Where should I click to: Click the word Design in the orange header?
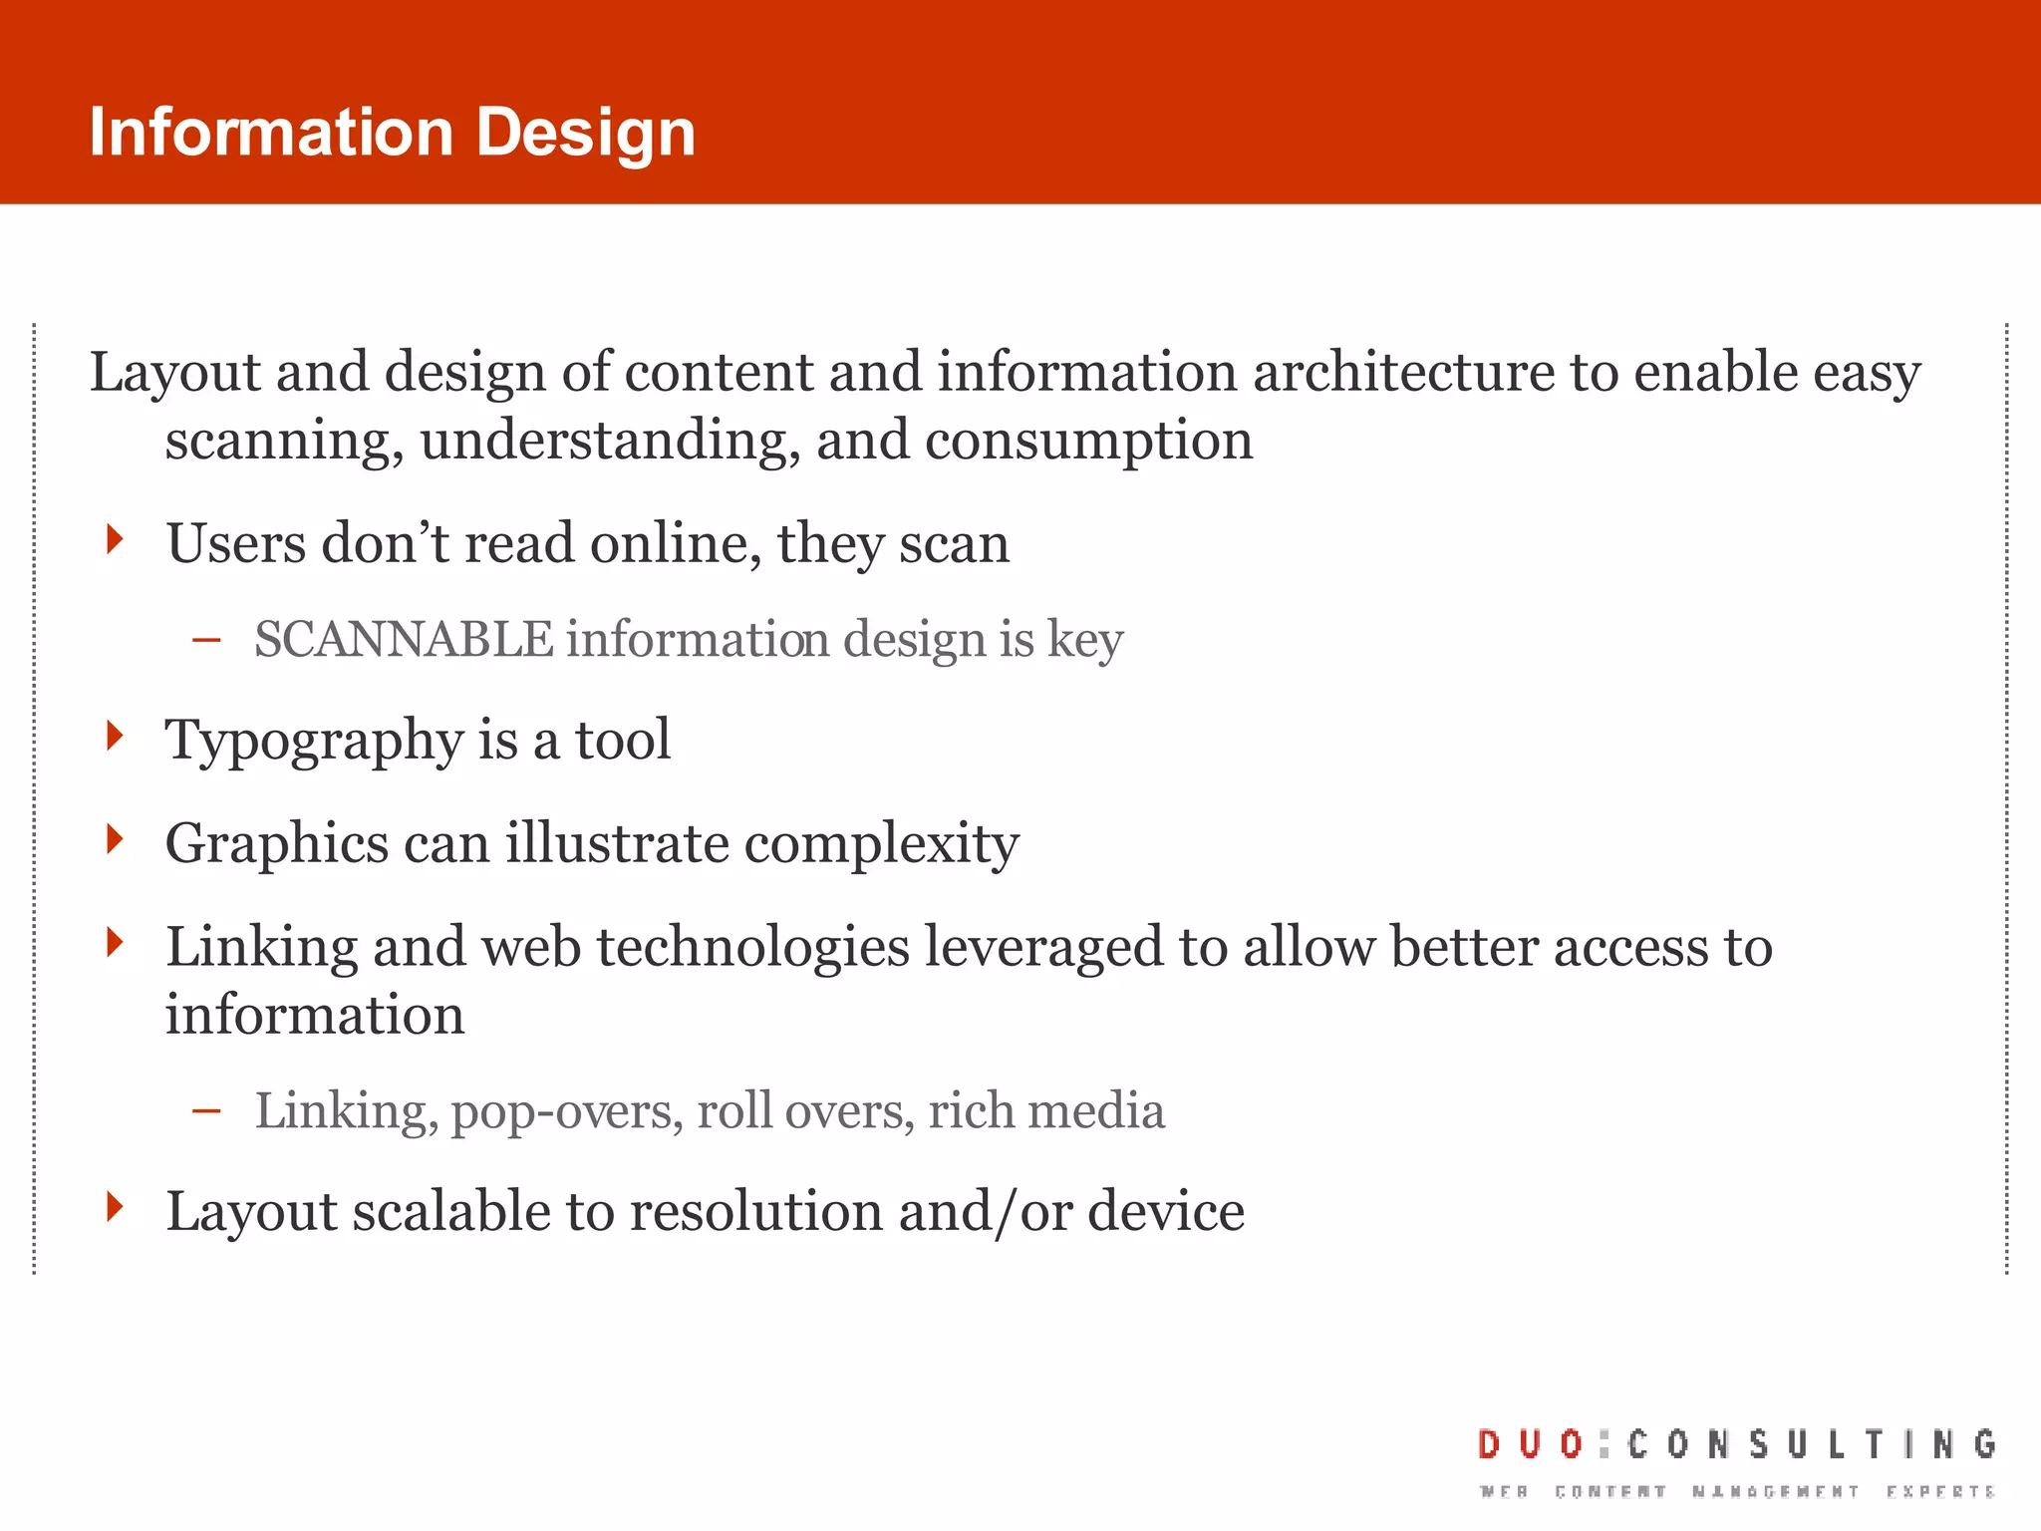point(585,134)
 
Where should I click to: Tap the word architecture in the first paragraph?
point(1402,372)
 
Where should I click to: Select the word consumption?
point(1088,441)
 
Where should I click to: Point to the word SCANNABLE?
point(403,639)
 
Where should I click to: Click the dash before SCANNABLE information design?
point(206,641)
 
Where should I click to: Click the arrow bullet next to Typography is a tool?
point(116,736)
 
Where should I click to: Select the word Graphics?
point(276,843)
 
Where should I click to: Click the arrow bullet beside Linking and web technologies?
point(116,941)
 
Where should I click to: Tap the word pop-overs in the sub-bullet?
point(566,1111)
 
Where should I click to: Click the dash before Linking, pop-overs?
point(206,1111)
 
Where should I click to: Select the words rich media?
point(1045,1110)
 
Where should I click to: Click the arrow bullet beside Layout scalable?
point(116,1207)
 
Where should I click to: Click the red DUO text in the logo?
point(1531,1444)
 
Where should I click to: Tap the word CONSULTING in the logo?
point(1812,1444)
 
